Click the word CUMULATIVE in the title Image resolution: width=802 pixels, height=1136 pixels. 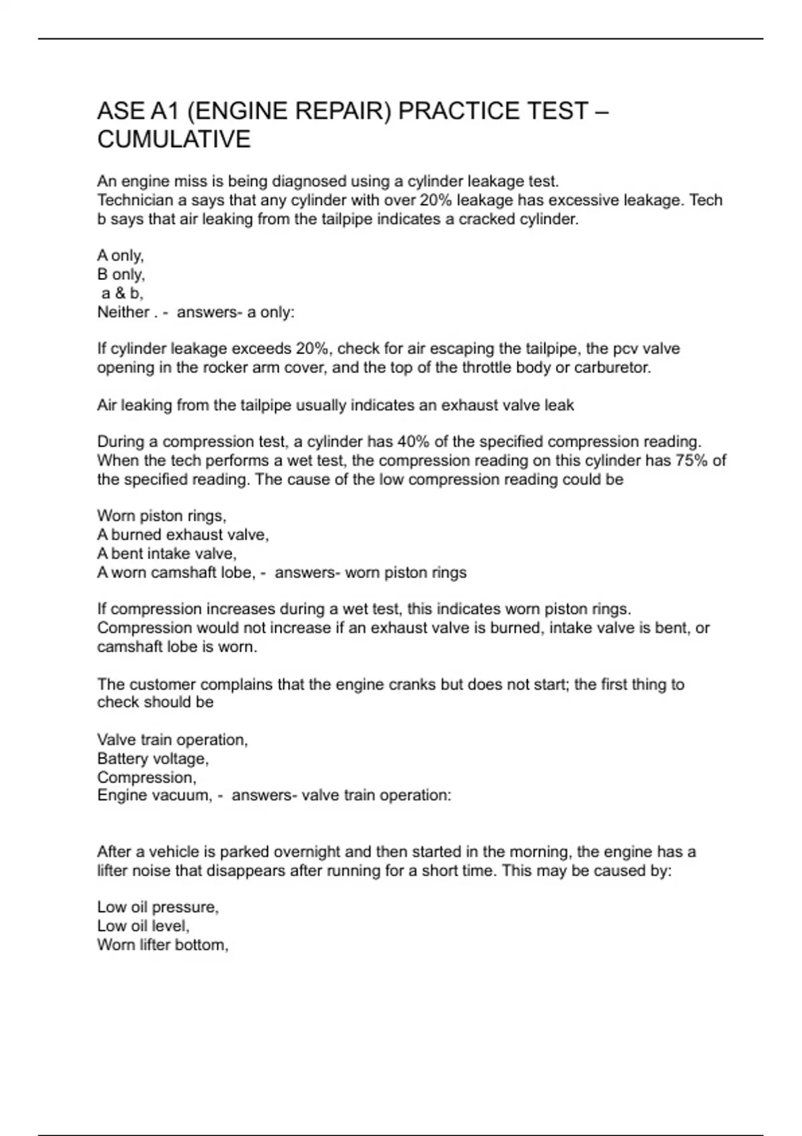click(x=174, y=139)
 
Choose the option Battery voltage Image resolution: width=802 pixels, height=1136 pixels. click(x=152, y=758)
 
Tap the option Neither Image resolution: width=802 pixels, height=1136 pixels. click(x=123, y=312)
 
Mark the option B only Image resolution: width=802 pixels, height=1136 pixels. click(x=120, y=275)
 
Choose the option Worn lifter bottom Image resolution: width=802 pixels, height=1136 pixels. click(x=162, y=945)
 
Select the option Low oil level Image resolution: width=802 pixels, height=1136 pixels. click(x=143, y=926)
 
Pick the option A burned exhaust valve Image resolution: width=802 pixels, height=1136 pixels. click(x=182, y=535)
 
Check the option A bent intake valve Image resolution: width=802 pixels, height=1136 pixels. click(x=166, y=553)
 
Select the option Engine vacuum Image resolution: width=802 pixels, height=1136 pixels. click(x=153, y=795)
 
